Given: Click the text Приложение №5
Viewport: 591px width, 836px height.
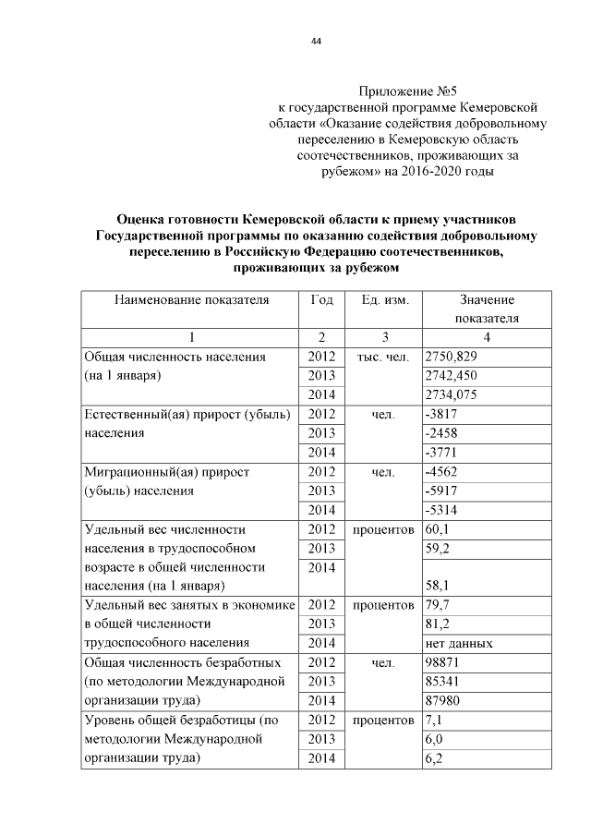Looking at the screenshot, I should tap(407, 91).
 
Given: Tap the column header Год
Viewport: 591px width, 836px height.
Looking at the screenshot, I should tap(322, 300).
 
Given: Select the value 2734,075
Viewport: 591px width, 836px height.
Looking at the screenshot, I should tap(451, 395).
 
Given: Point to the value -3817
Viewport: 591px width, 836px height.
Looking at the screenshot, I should tap(442, 415).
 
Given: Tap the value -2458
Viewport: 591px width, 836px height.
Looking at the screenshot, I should tap(442, 433).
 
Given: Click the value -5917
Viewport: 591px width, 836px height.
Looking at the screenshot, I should tap(442, 491).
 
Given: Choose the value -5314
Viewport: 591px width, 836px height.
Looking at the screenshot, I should tap(442, 510).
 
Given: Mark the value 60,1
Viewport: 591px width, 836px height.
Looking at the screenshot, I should tap(437, 529).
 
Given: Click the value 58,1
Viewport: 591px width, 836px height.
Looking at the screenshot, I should tap(437, 586).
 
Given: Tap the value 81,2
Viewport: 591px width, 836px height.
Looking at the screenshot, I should tap(437, 624).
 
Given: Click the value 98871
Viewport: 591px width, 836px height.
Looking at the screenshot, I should tap(444, 662).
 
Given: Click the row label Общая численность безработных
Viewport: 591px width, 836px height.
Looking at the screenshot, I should tap(180, 662).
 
